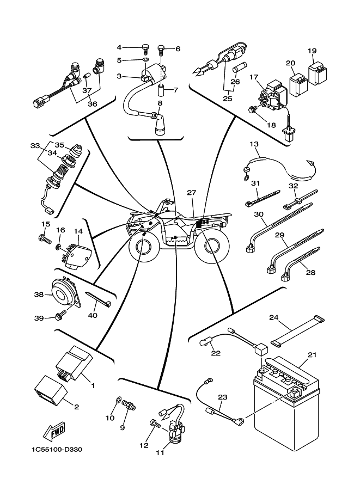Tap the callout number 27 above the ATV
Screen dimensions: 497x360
coord(191,193)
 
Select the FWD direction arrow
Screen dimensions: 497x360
coord(55,432)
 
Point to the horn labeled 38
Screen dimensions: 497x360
coord(65,294)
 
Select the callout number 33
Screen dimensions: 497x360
coord(35,146)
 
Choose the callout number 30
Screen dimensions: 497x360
coord(259,214)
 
